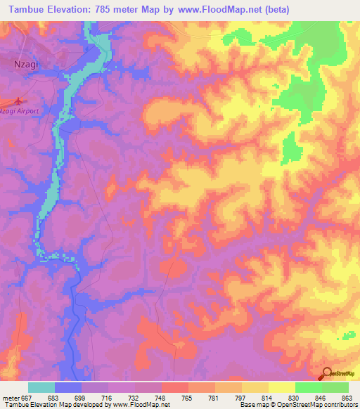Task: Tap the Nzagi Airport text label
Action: point(19,110)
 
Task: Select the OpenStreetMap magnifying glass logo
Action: point(328,374)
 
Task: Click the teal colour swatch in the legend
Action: point(41,387)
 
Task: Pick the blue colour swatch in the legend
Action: point(68,387)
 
